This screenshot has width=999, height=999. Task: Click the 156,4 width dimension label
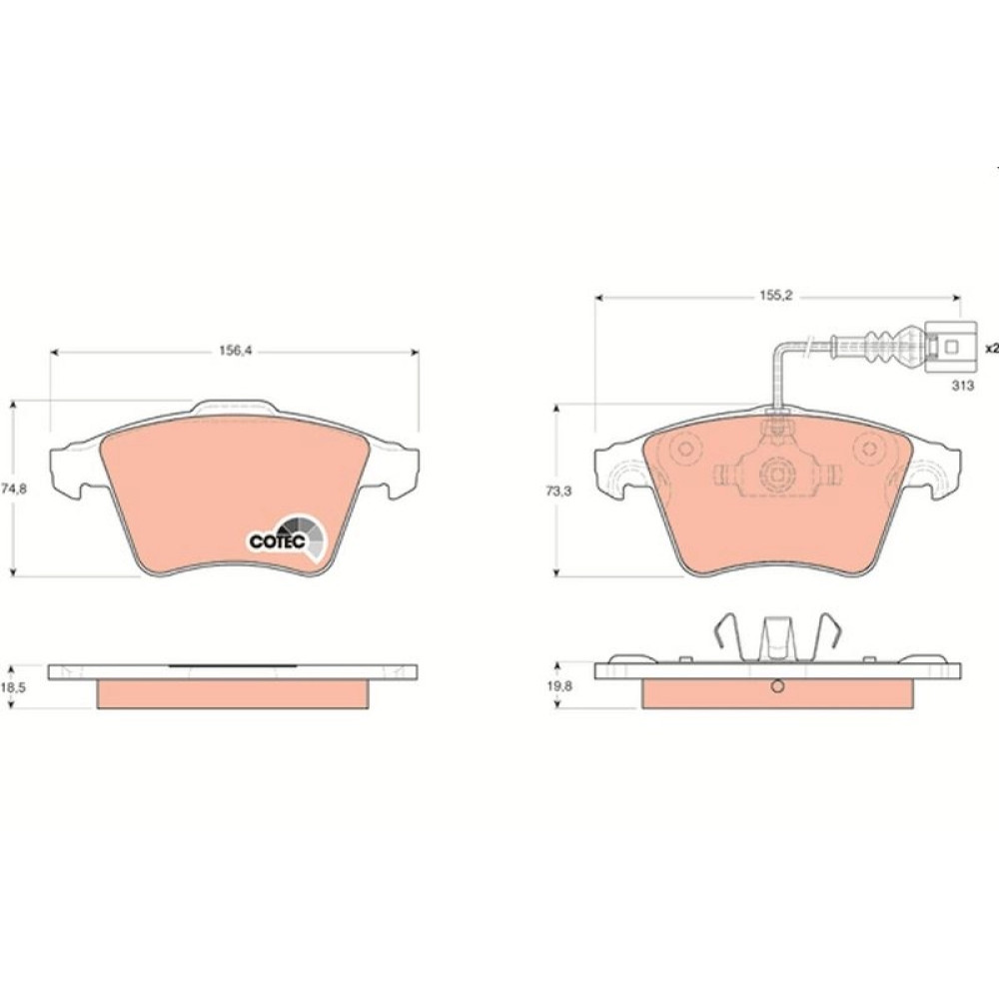[235, 351]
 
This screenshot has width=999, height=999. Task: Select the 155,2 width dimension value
[775, 296]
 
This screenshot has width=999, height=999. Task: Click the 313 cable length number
[963, 386]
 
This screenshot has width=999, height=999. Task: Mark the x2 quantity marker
[991, 349]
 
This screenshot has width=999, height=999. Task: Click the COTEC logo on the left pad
[287, 538]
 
